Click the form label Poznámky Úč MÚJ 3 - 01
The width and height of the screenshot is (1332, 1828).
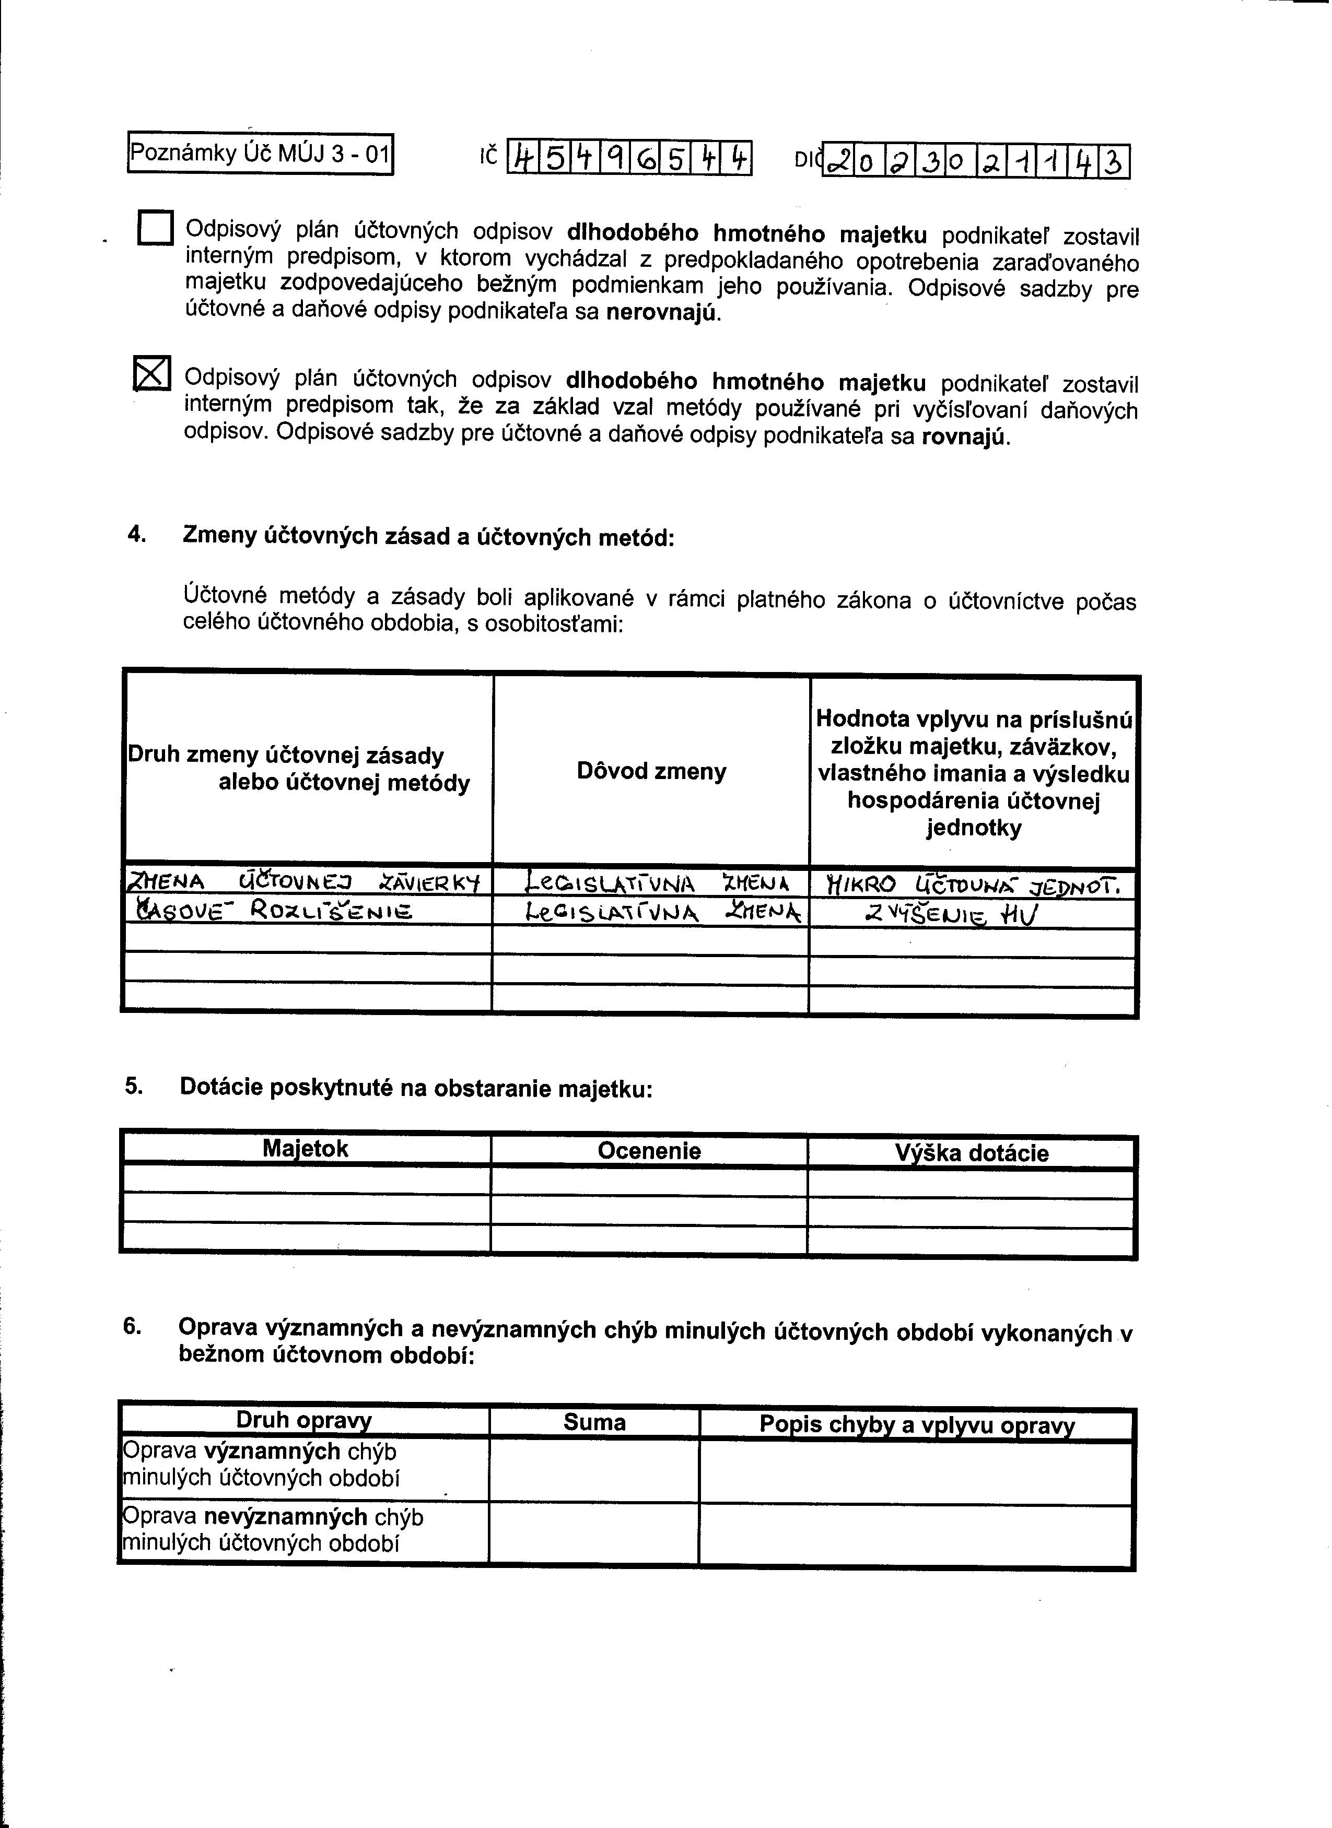pos(260,153)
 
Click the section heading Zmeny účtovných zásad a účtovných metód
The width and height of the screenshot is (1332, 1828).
pos(427,537)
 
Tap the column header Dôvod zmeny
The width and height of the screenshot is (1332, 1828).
pos(651,771)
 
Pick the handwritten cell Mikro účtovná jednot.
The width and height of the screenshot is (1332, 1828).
pos(973,886)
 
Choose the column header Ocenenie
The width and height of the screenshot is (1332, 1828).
pos(649,1151)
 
